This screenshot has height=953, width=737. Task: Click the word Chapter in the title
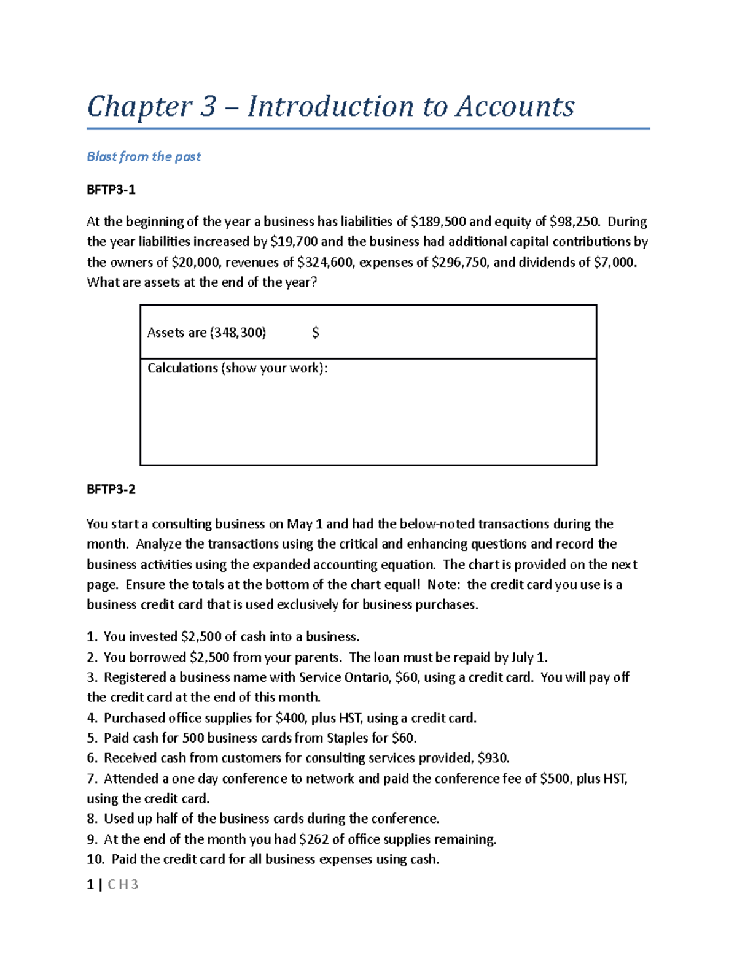[x=139, y=107]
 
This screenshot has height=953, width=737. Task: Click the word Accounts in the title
[x=515, y=107]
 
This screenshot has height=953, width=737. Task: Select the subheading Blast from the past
[x=144, y=156]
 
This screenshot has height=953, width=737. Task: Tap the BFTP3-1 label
[x=111, y=190]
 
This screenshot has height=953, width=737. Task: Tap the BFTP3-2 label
[x=111, y=489]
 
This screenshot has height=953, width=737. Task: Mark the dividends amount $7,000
[x=615, y=263]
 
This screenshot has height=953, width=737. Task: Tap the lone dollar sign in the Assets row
[x=315, y=333]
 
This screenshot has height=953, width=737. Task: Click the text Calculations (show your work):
[x=237, y=368]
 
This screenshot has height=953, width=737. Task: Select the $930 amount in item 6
[x=493, y=758]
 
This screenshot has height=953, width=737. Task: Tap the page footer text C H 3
[x=123, y=884]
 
